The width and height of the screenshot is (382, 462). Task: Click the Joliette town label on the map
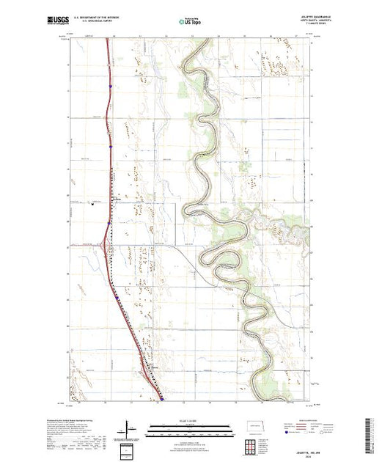click(117, 199)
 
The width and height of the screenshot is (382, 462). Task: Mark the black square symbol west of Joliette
click(92, 204)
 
